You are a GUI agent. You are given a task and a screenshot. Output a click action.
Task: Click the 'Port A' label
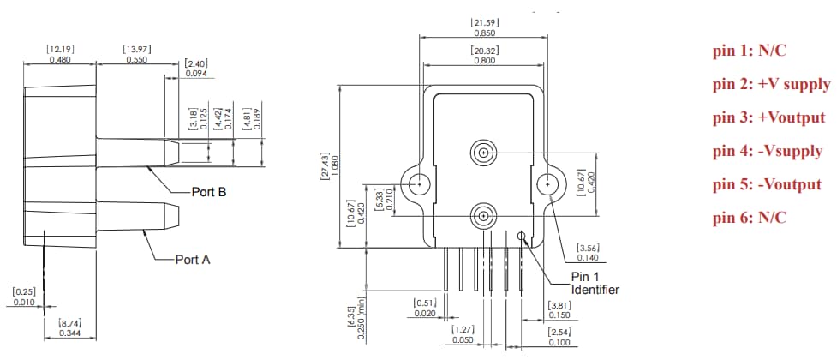[x=193, y=258]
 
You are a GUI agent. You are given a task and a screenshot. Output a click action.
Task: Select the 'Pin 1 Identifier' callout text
[x=595, y=284]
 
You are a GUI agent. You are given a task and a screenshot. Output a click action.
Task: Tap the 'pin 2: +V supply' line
[x=771, y=84]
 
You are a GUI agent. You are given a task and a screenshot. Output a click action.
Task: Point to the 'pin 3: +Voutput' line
[x=768, y=117]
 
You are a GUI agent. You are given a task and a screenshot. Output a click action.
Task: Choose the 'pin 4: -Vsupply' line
[x=767, y=151]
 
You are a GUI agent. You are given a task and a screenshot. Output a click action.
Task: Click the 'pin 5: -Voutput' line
[x=767, y=184]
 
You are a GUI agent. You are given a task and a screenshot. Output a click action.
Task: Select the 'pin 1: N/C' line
[x=749, y=51]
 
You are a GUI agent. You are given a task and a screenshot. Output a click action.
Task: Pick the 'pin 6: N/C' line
[x=749, y=218]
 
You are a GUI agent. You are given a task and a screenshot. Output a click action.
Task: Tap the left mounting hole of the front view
[x=420, y=183]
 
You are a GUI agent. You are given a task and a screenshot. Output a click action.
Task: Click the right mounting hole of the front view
[x=547, y=183]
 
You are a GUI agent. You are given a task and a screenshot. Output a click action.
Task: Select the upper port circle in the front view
[x=484, y=154]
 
